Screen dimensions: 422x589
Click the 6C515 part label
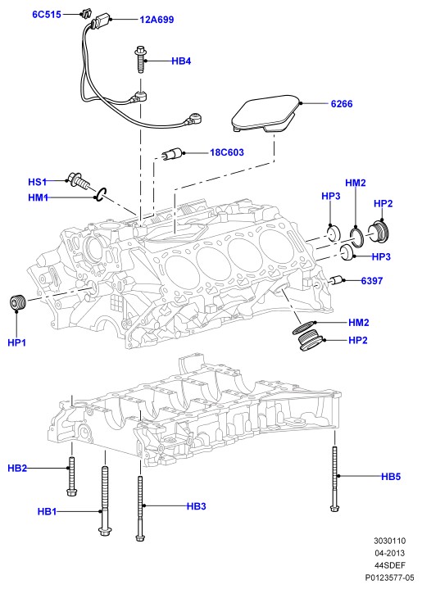click(47, 15)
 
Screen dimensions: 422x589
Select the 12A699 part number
click(157, 20)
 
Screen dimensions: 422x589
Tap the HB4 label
click(181, 61)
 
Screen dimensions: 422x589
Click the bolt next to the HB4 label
click(141, 60)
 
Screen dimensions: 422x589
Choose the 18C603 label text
click(227, 152)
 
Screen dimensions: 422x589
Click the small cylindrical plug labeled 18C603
click(172, 154)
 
